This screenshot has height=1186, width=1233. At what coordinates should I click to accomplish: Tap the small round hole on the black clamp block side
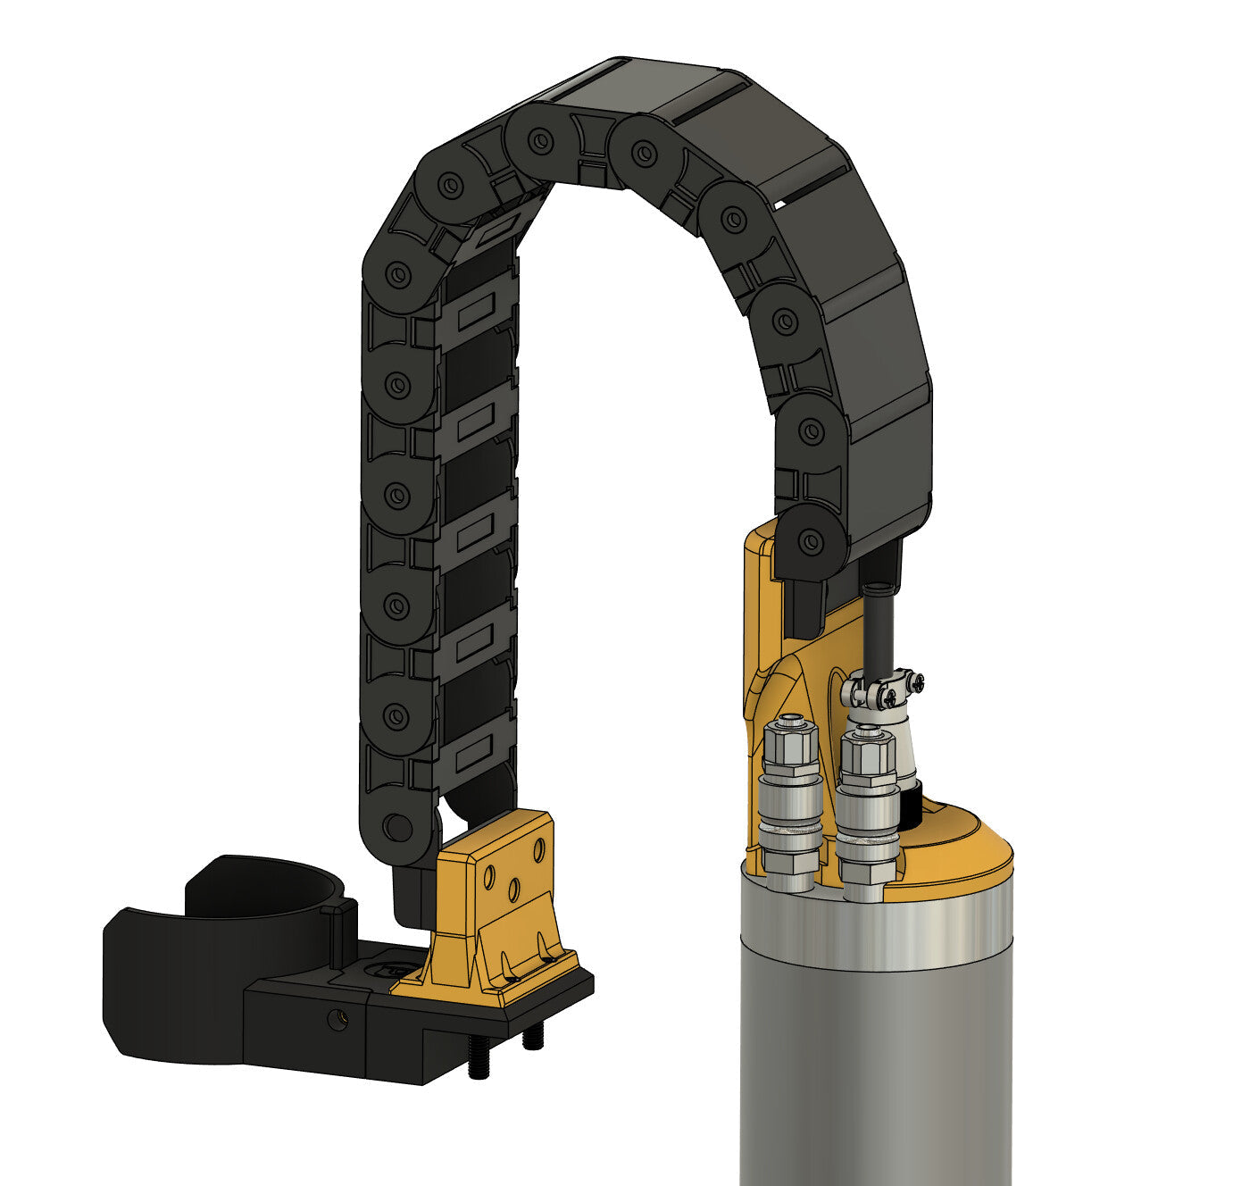(337, 1019)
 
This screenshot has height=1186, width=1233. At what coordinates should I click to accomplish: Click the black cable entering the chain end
(877, 625)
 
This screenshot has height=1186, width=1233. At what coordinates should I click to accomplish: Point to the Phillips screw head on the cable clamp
(916, 683)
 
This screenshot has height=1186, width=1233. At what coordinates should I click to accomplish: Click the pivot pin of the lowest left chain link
(396, 826)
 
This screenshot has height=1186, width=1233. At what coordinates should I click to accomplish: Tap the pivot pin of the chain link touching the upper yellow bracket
(809, 539)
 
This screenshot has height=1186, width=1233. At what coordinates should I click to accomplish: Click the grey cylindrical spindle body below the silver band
(875, 1072)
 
